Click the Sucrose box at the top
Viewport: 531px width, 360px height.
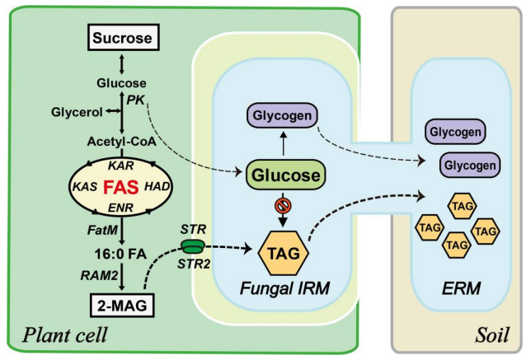pyautogui.click(x=123, y=38)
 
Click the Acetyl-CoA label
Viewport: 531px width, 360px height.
pyautogui.click(x=123, y=140)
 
